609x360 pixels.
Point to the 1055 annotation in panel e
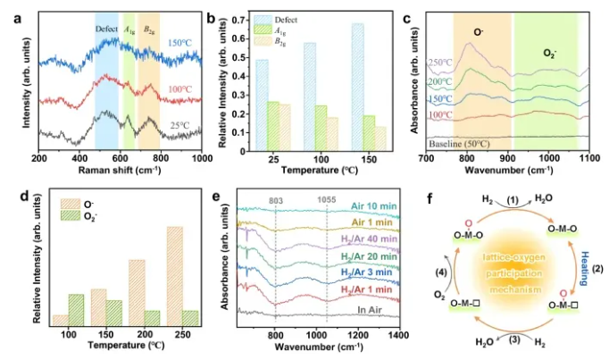point(328,189)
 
